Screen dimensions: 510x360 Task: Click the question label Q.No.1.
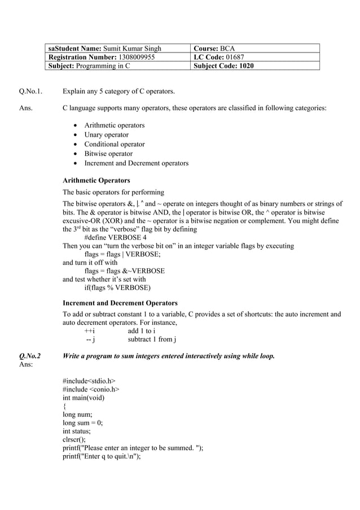(32, 91)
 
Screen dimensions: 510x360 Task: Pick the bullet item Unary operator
(106, 135)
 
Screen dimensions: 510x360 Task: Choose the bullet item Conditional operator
(114, 144)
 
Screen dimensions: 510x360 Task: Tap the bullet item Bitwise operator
(108, 154)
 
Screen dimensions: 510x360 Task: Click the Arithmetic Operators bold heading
(96, 181)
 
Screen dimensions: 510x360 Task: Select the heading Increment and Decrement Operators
(120, 303)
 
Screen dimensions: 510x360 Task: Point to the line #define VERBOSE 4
(115, 238)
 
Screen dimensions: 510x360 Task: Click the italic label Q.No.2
(29, 356)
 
